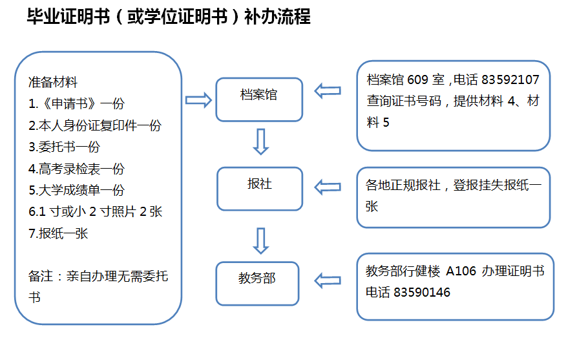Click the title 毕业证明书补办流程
point(169,17)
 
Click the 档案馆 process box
point(259,99)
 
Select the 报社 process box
point(259,188)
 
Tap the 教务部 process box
point(257,282)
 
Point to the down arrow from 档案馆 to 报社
point(260,142)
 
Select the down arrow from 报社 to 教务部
point(260,240)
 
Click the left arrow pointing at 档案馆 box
point(328,91)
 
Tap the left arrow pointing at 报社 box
point(328,187)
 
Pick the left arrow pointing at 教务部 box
point(328,281)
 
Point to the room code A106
point(461,271)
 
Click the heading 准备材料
point(53,82)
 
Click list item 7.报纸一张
point(59,233)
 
